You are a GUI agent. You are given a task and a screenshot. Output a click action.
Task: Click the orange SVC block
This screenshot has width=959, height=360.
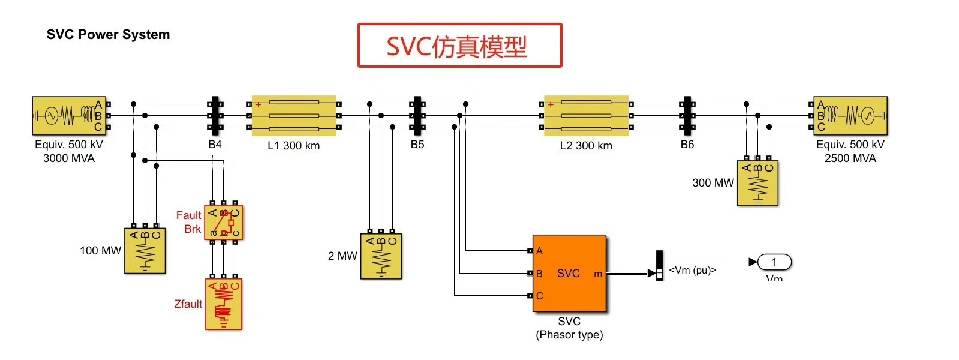(569, 274)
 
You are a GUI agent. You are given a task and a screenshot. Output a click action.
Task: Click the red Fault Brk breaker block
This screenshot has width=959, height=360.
(224, 223)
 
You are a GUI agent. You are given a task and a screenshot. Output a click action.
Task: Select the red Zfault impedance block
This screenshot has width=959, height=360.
(224, 304)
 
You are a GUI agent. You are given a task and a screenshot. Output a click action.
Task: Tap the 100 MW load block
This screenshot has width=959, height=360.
(145, 251)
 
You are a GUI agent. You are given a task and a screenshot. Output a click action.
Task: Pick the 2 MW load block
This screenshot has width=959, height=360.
(381, 256)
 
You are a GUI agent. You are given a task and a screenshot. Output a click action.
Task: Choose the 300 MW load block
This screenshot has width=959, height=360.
(757, 183)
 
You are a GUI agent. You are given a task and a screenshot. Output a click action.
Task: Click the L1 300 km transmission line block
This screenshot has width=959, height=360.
(294, 115)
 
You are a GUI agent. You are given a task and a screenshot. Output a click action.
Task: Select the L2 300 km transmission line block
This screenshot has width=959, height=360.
(586, 115)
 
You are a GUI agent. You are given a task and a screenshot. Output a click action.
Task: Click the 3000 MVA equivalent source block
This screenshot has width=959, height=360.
(69, 115)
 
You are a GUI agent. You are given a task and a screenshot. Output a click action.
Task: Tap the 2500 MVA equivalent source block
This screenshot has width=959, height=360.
(850, 115)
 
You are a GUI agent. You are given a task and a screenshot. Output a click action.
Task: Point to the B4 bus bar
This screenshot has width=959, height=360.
(215, 115)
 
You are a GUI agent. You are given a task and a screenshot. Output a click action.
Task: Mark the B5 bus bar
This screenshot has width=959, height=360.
(417, 115)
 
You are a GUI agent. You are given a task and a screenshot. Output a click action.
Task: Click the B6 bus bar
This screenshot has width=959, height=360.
(687, 115)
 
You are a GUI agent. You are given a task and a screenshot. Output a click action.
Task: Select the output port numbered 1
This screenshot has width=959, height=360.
(774, 262)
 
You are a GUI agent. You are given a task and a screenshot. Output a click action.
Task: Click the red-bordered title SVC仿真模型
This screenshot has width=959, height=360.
(459, 46)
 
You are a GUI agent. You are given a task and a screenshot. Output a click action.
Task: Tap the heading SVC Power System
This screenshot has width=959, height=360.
(108, 35)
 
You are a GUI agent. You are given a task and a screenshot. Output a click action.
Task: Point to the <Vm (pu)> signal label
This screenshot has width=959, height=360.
(692, 271)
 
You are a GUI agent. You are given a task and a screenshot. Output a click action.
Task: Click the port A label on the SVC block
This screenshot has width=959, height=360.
(539, 251)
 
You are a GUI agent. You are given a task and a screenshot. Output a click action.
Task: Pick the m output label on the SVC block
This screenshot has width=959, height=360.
(597, 274)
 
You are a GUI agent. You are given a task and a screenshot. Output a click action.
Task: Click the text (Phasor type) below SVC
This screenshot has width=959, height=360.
(569, 335)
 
